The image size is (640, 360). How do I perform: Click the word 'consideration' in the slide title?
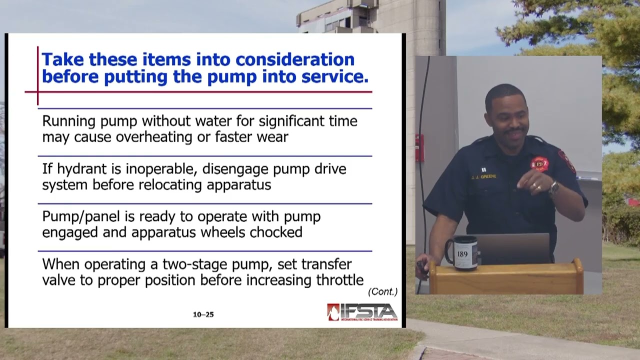coord(295,59)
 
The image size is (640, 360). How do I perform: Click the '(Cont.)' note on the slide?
coord(382,291)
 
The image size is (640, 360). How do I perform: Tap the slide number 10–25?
coord(203,314)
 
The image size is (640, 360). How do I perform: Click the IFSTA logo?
coord(362,312)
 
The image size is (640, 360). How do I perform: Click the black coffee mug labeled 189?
coord(461,253)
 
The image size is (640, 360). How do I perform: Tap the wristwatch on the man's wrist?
coord(553,187)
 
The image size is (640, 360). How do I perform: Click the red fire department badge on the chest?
coord(539,163)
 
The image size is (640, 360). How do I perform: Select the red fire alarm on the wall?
coord(419,147)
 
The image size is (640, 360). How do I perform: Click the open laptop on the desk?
coord(515,248)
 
